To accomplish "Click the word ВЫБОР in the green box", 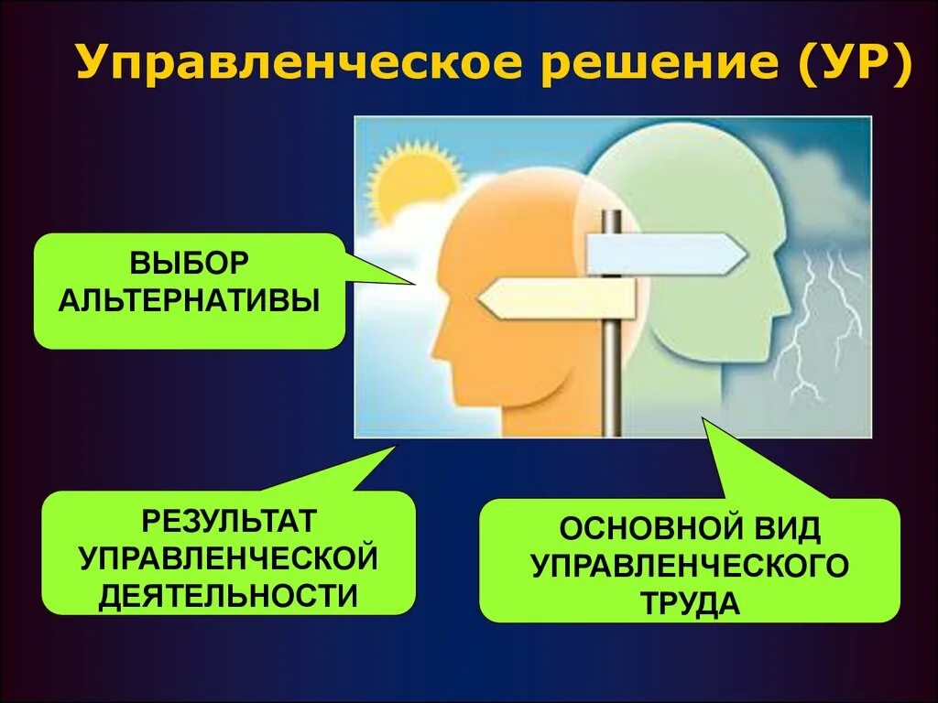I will click(189, 263).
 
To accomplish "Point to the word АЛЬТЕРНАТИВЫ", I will click(190, 299).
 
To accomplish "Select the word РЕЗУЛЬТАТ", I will click(229, 522).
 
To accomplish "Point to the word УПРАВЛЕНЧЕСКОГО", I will click(690, 566).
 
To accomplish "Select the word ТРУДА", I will click(690, 603).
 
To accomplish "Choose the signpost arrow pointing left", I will click(557, 299).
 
